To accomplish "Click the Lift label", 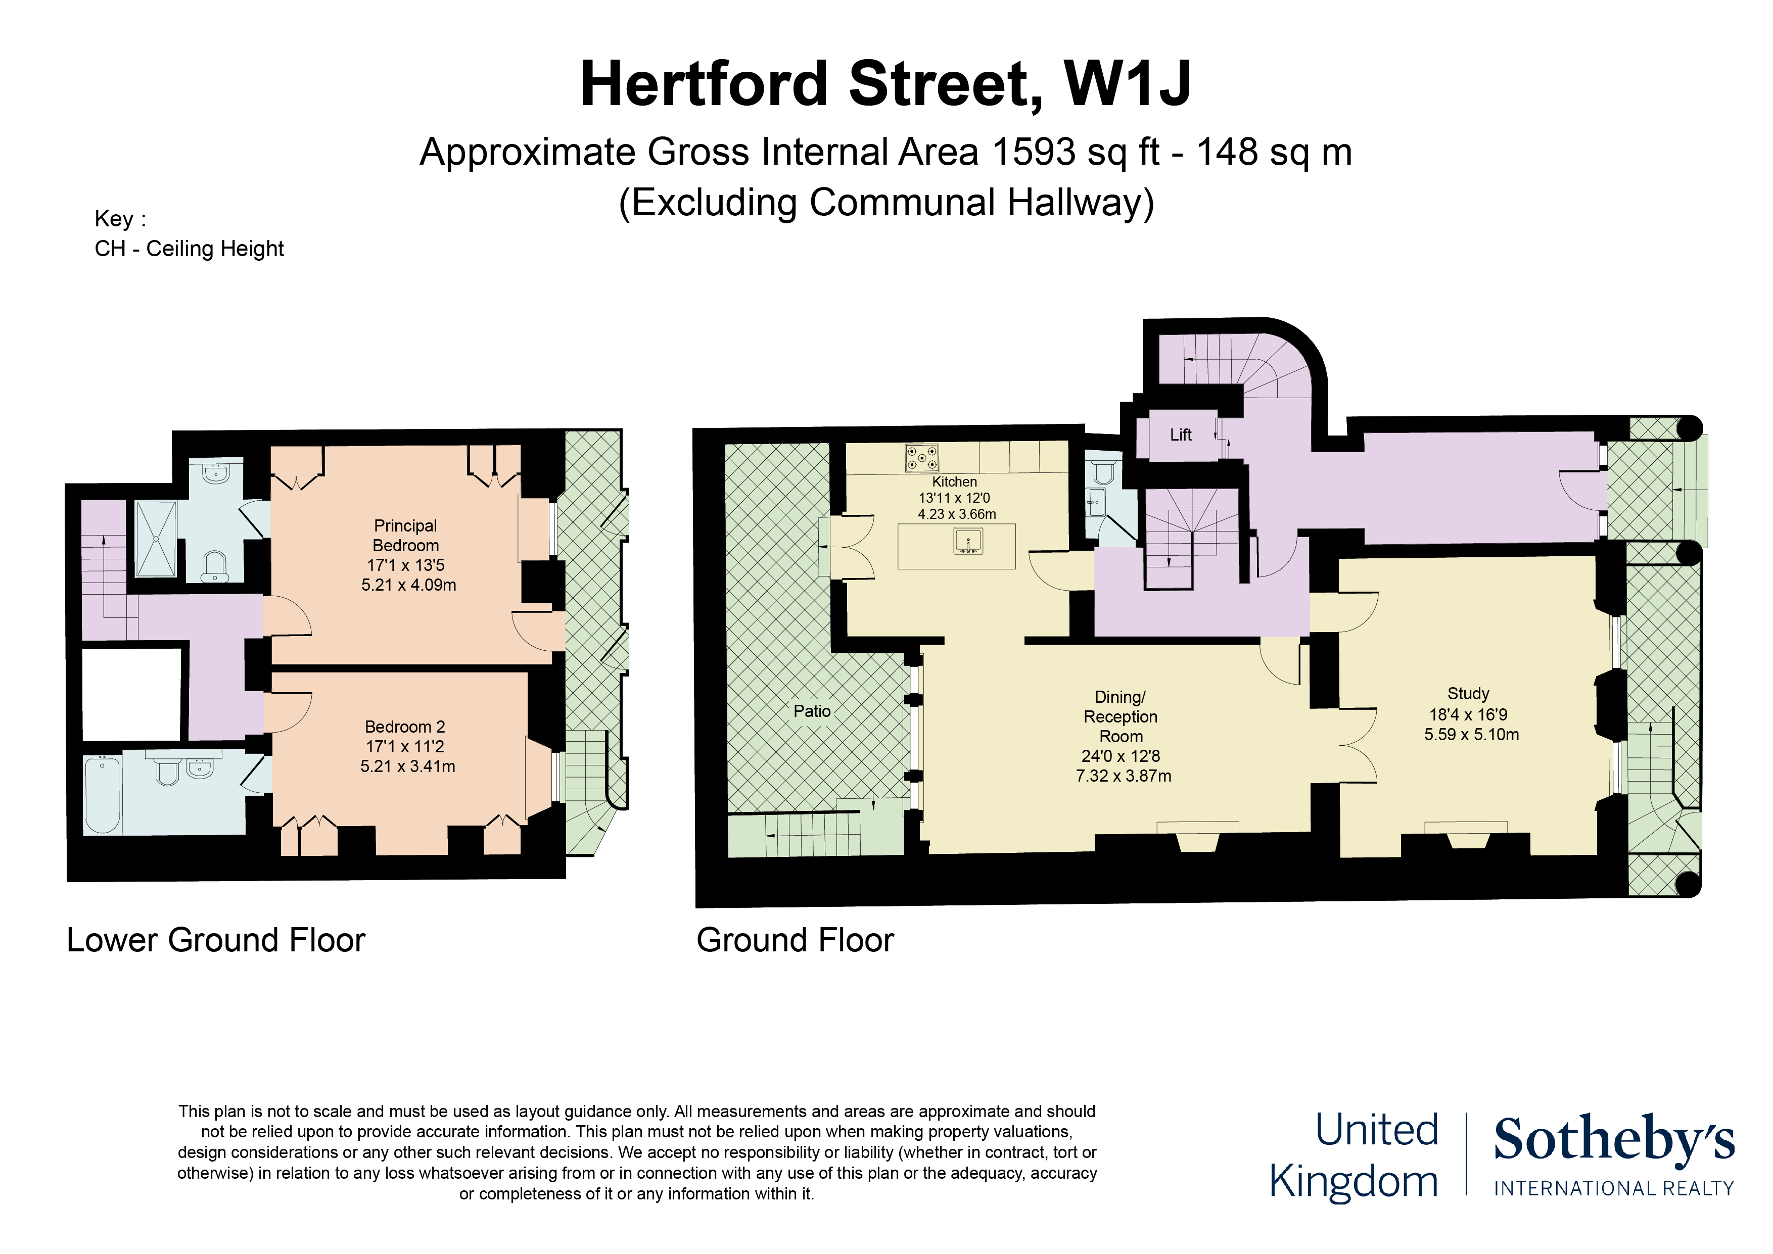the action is click(x=1180, y=435).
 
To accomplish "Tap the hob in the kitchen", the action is click(x=922, y=457).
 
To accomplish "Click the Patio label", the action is click(x=812, y=711).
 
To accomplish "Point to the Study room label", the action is click(x=1468, y=693).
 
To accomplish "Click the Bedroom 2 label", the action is click(x=405, y=727).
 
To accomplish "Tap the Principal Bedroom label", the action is click(x=405, y=535).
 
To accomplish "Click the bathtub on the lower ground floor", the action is click(x=102, y=795).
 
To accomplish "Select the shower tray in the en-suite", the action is click(x=156, y=538).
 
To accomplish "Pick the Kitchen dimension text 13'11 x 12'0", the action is click(x=954, y=498).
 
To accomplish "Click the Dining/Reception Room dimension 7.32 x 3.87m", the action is click(x=1123, y=776).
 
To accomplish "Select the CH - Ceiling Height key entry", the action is click(x=189, y=249).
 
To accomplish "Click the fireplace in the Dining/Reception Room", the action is click(x=1197, y=837).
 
